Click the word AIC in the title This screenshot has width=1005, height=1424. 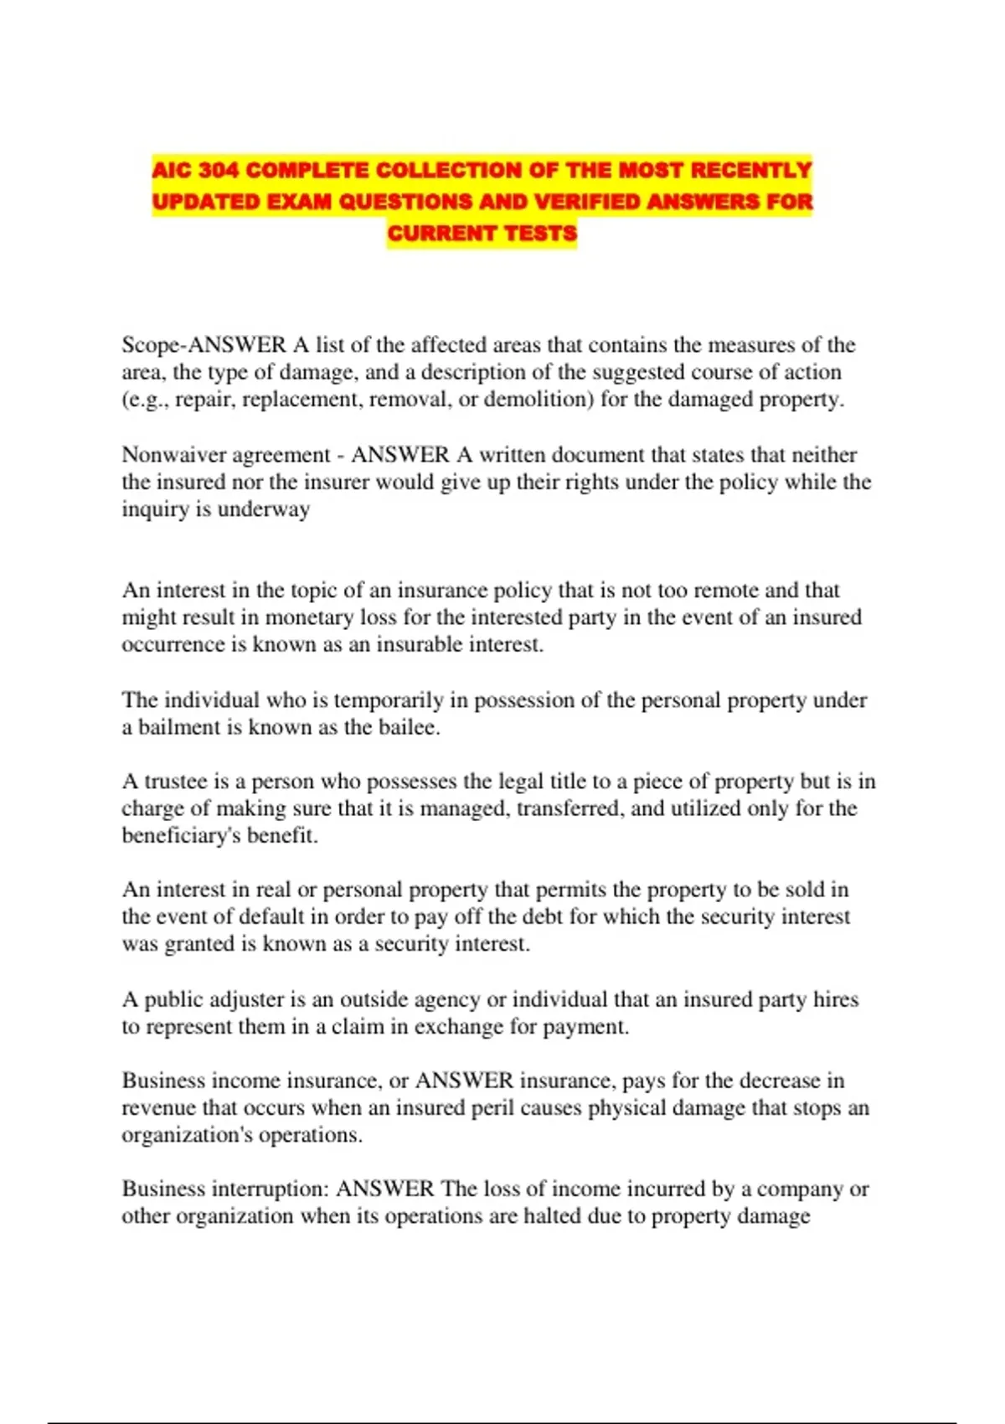point(173,171)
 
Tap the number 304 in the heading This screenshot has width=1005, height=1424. point(220,171)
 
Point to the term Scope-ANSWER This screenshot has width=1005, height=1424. point(204,345)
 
